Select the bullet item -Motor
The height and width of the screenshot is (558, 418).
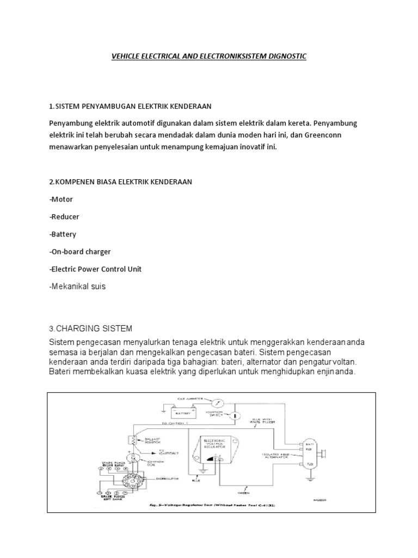point(61,199)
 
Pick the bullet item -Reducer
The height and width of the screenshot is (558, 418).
point(64,217)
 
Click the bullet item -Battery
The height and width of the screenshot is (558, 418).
point(63,234)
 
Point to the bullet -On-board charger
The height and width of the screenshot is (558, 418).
point(80,252)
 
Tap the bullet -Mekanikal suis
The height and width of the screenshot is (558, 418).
point(77,287)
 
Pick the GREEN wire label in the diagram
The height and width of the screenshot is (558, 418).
point(252,492)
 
